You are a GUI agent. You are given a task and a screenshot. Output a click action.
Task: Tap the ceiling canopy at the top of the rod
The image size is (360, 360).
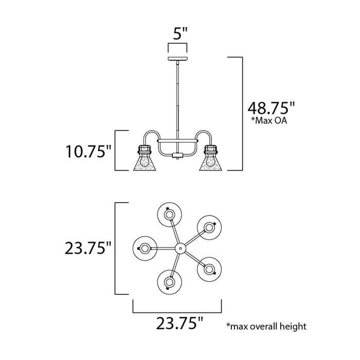(x=177, y=60)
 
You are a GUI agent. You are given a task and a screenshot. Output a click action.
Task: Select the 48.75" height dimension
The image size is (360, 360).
(x=271, y=109)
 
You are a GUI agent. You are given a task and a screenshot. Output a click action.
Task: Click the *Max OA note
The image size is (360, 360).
(x=268, y=122)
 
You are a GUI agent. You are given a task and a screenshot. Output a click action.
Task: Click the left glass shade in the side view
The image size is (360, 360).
(x=144, y=160)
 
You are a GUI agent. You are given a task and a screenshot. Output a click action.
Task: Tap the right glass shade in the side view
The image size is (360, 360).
(x=210, y=160)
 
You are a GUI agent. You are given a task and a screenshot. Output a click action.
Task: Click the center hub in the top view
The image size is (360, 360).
(x=180, y=248)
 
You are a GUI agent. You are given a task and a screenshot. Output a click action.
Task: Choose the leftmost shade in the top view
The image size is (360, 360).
(x=145, y=248)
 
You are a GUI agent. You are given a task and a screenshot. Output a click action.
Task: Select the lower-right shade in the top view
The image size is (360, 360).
(x=208, y=268)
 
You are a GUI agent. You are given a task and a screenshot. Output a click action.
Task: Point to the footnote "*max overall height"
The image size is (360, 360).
(x=266, y=326)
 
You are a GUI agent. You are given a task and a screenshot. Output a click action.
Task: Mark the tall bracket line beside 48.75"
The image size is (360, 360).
(x=241, y=113)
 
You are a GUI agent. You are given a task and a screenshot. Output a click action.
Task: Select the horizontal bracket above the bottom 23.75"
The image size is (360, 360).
(x=177, y=313)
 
